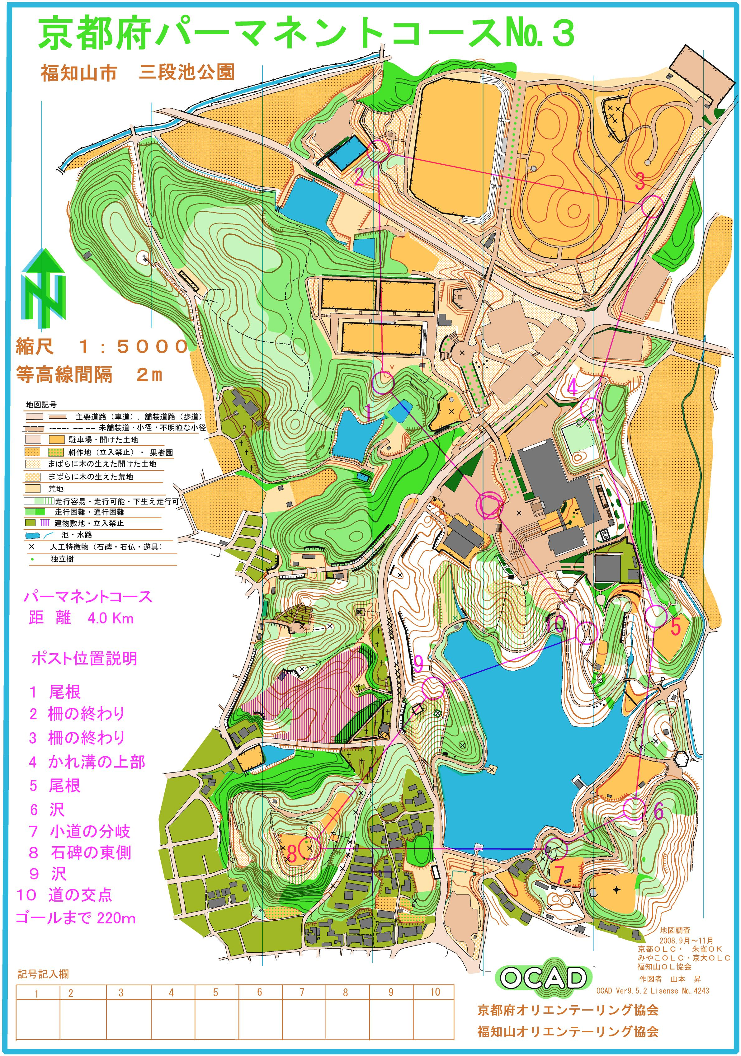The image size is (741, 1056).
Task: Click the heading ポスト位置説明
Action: [84, 659]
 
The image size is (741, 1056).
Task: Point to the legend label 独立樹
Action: [62, 559]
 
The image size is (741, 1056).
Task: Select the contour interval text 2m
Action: [149, 375]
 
